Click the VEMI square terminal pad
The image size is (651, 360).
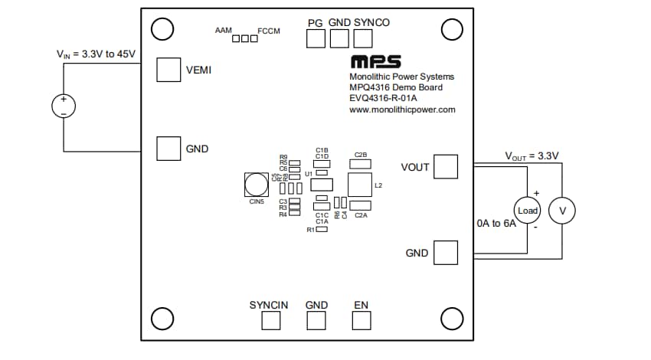coord(168,70)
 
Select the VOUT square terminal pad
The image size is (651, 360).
coord(445,167)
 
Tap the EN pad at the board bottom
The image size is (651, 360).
coord(361,320)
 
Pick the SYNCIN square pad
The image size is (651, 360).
coord(272,320)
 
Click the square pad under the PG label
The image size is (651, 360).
coord(316,39)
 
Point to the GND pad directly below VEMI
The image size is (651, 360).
coord(168,149)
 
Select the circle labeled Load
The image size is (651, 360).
coord(528,210)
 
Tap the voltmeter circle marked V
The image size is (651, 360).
coord(564,210)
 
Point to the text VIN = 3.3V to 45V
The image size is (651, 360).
coord(96,54)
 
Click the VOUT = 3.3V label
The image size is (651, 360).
coord(532,155)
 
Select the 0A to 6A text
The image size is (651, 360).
coord(496,225)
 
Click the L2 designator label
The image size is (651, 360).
coord(378,185)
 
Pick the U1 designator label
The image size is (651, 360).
coord(309,174)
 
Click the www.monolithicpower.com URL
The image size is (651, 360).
coord(402,110)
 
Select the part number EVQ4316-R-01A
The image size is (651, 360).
coord(385,99)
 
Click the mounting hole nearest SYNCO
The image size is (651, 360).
coord(452,29)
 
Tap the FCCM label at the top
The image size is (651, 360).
coord(270,31)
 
